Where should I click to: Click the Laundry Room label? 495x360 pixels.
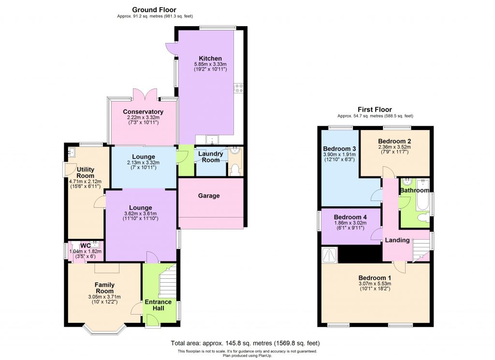coord(210,157)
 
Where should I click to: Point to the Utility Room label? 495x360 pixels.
coord(85,173)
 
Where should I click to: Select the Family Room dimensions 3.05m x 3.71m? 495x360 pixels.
coord(104,297)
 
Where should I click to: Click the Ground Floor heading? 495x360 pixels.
coord(155,9)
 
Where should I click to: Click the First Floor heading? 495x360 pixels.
coord(375,110)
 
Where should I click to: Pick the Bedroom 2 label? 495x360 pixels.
coord(394,141)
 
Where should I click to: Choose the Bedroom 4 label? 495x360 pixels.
coord(350,217)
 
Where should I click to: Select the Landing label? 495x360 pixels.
coord(397,240)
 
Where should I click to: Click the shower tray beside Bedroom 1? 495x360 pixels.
coord(330,254)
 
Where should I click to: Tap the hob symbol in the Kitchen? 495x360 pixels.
coord(239,87)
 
